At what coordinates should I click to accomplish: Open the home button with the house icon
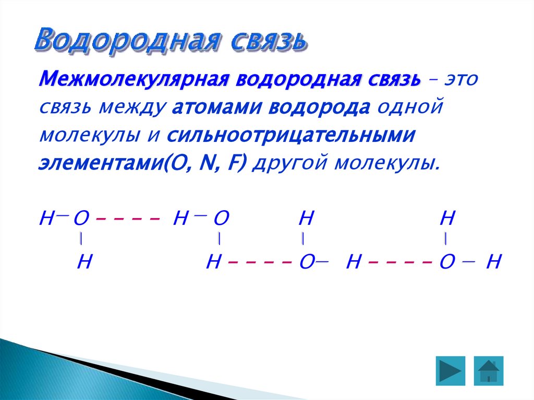(489, 371)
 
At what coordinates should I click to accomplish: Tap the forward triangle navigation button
(450, 371)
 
